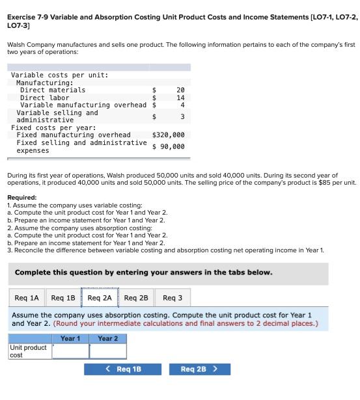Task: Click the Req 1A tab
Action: pyautogui.click(x=27, y=298)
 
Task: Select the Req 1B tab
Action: pyautogui.click(x=64, y=298)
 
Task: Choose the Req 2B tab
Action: pyautogui.click(x=136, y=298)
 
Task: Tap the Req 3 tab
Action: pyautogui.click(x=173, y=298)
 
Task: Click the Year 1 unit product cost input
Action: pyautogui.click(x=70, y=351)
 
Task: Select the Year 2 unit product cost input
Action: pyautogui.click(x=108, y=351)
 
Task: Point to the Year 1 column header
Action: pyautogui.click(x=70, y=339)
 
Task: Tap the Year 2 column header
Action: pyautogui.click(x=108, y=339)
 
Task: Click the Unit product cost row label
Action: pyautogui.click(x=28, y=351)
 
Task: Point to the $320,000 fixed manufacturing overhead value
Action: pyautogui.click(x=169, y=135)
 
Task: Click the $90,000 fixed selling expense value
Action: pyautogui.click(x=169, y=146)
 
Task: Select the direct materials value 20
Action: pyautogui.click(x=180, y=90)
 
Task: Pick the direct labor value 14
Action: pyautogui.click(x=180, y=98)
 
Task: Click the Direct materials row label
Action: pyautogui.click(x=52, y=90)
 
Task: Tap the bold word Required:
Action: pyautogui.click(x=21, y=197)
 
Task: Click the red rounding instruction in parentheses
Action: pyautogui.click(x=186, y=323)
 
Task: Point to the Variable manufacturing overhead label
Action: pyautogui.click(x=83, y=105)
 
